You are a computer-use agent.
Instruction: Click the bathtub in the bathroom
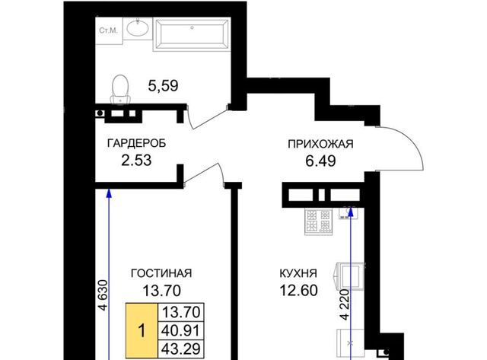pyautogui.click(x=192, y=33)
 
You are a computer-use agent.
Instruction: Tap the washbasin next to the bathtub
pyautogui.click(x=138, y=28)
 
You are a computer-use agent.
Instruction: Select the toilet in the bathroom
pyautogui.click(x=120, y=89)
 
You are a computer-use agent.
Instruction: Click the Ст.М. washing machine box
pyautogui.click(x=109, y=30)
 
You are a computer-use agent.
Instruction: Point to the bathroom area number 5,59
pyautogui.click(x=163, y=86)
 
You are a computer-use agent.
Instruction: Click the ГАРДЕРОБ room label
pyautogui.click(x=136, y=144)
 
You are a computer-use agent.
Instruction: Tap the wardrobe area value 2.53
pyautogui.click(x=136, y=161)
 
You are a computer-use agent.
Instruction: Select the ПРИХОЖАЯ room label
pyautogui.click(x=320, y=144)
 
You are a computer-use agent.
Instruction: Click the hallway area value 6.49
pyautogui.click(x=320, y=161)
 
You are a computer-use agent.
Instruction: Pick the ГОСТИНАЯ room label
pyautogui.click(x=161, y=273)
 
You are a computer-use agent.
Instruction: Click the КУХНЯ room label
pyautogui.click(x=298, y=274)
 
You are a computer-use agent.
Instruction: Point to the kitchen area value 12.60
pyautogui.click(x=298, y=291)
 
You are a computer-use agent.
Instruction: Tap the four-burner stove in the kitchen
pyautogui.click(x=319, y=221)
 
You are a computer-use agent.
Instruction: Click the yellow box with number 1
pyautogui.click(x=142, y=331)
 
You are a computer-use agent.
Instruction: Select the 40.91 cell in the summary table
pyautogui.click(x=181, y=331)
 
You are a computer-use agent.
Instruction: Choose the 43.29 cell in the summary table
pyautogui.click(x=181, y=349)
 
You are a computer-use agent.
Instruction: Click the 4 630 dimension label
pyautogui.click(x=103, y=295)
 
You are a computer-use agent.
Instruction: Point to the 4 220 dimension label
pyautogui.click(x=345, y=304)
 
